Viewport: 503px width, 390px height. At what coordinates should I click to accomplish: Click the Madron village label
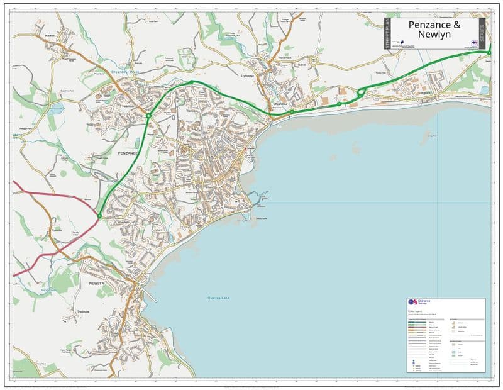[x=50, y=36]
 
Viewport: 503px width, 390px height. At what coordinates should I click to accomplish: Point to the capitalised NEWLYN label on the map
[x=96, y=284]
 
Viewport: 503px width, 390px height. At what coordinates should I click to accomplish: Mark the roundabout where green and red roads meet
[x=99, y=216]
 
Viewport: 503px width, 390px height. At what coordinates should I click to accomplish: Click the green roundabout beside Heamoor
[x=148, y=116]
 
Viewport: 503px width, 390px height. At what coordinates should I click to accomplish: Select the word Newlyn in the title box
[x=434, y=37]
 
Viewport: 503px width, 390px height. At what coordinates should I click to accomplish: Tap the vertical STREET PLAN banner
[x=387, y=33]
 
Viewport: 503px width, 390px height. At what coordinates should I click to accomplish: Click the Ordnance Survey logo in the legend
[x=412, y=303]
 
